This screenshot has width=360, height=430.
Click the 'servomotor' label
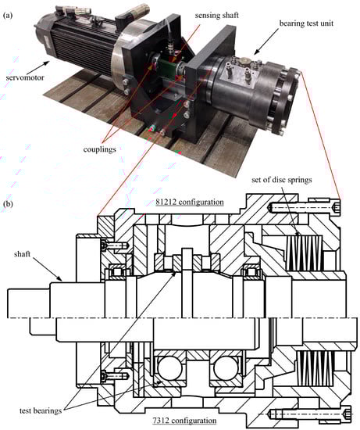[x=25, y=77]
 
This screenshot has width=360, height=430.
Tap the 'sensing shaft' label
[x=217, y=16]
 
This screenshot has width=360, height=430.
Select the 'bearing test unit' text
[x=306, y=23]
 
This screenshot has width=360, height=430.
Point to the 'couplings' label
[x=99, y=149]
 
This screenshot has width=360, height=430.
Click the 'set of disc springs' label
[x=282, y=180]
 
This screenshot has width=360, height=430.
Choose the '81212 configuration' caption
[x=190, y=202]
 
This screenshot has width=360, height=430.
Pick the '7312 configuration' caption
[x=184, y=421]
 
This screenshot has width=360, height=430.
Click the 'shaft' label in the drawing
[x=22, y=254]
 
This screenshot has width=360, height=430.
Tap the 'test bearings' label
[x=41, y=410]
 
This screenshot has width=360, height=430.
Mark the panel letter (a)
[x=8, y=16]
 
